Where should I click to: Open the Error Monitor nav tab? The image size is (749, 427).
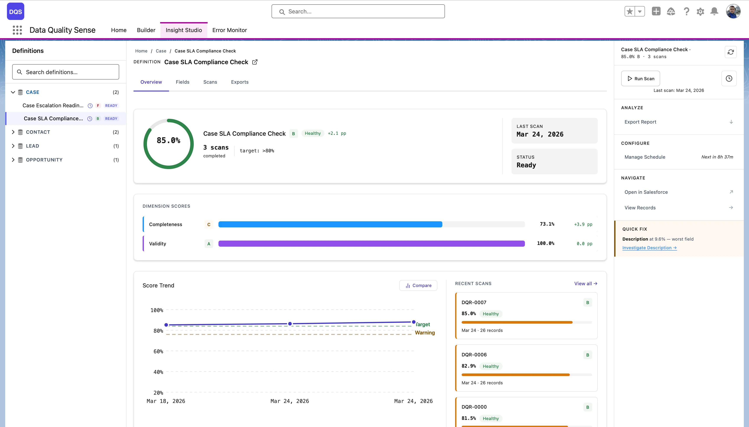pyautogui.click(x=229, y=30)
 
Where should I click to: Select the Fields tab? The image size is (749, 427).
pyautogui.click(x=182, y=82)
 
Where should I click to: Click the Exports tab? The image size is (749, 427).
pyautogui.click(x=239, y=82)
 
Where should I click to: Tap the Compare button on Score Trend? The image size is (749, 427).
pyautogui.click(x=418, y=285)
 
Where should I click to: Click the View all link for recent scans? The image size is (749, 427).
pyautogui.click(x=585, y=284)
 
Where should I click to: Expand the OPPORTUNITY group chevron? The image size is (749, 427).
pyautogui.click(x=13, y=160)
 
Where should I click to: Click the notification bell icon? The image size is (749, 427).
pyautogui.click(x=714, y=11)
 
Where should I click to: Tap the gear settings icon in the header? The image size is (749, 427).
pyautogui.click(x=700, y=11)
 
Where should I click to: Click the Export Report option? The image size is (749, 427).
pyautogui.click(x=640, y=122)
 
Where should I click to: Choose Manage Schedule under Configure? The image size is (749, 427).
pyautogui.click(x=645, y=157)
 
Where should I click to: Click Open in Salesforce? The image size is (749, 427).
pyautogui.click(x=646, y=192)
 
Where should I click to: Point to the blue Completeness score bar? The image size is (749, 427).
pyautogui.click(x=330, y=224)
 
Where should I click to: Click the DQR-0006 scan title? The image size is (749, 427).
pyautogui.click(x=474, y=355)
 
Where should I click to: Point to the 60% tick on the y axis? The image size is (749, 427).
pyautogui.click(x=158, y=351)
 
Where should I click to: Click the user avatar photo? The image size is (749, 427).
pyautogui.click(x=733, y=11)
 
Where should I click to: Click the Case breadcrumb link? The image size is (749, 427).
pyautogui.click(x=161, y=51)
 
